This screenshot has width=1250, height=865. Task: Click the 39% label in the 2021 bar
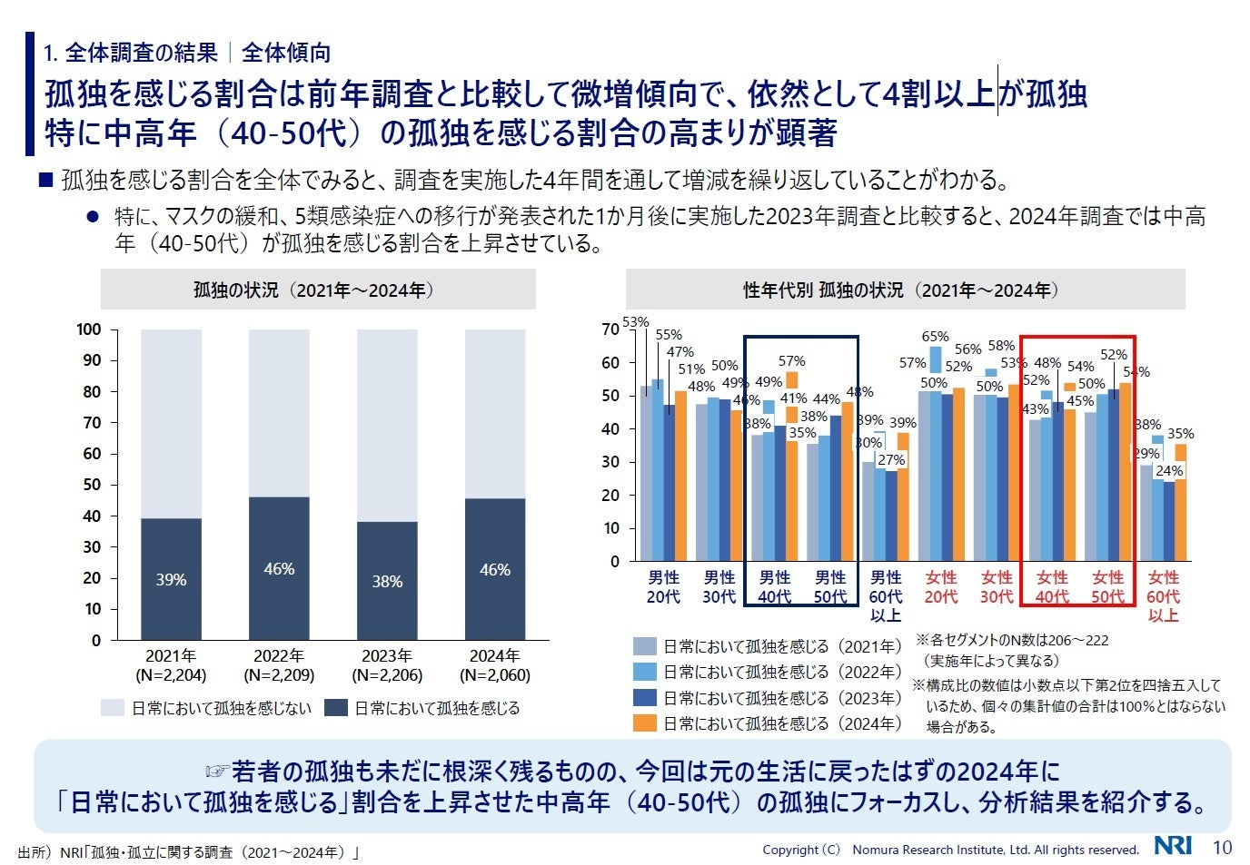click(171, 580)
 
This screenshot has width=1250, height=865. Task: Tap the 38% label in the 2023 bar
click(387, 582)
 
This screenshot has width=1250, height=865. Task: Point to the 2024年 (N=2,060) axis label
click(495, 665)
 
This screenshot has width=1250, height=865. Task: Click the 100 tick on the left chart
click(89, 329)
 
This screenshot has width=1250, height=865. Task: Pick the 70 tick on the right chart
click(610, 329)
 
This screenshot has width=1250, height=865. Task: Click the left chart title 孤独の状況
click(317, 290)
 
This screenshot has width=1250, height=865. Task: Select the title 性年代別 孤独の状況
click(904, 290)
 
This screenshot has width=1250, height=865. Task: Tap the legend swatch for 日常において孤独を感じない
click(113, 708)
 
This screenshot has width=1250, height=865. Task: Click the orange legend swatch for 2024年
click(644, 723)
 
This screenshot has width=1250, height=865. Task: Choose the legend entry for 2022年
click(781, 673)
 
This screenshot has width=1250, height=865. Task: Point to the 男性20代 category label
click(663, 587)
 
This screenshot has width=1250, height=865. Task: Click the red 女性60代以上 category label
click(1163, 596)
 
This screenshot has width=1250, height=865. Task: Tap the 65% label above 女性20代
click(936, 337)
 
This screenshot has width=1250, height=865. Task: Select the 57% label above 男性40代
click(791, 361)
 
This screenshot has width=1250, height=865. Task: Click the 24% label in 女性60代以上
click(1169, 471)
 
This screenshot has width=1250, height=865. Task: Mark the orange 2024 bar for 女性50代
click(1126, 471)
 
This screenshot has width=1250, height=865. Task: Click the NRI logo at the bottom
click(1173, 847)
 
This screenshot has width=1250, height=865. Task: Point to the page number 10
click(1223, 848)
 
